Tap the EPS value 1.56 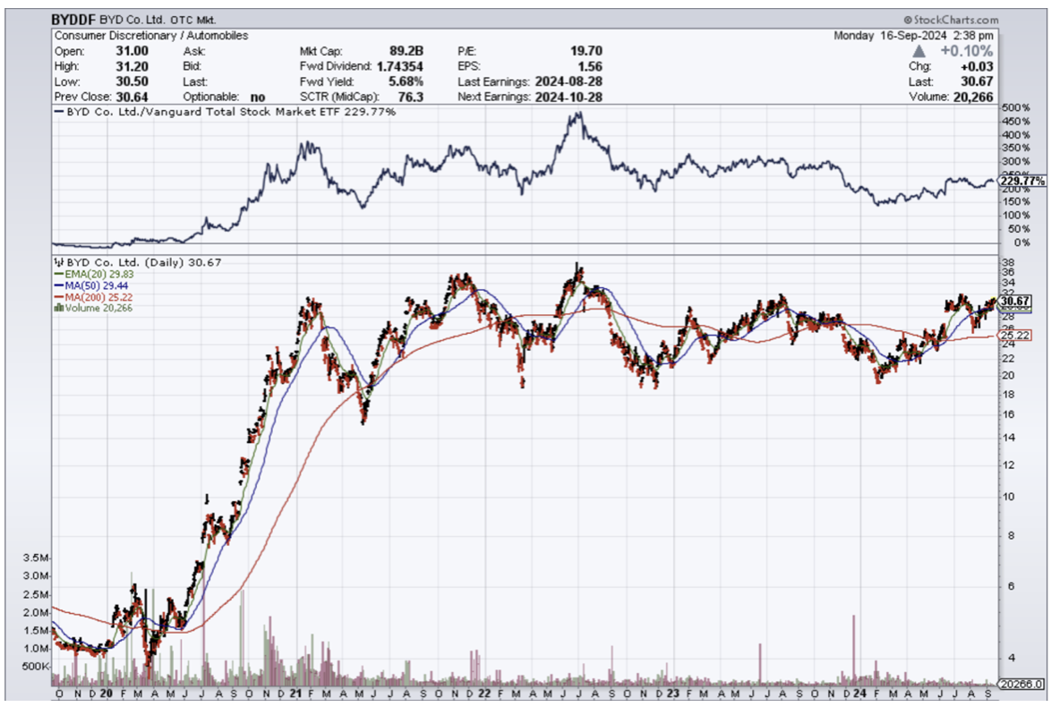pyautogui.click(x=590, y=66)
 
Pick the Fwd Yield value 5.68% pyautogui.click(x=406, y=81)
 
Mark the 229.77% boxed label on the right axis pyautogui.click(x=1023, y=181)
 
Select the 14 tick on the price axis pyautogui.click(x=1009, y=437)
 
